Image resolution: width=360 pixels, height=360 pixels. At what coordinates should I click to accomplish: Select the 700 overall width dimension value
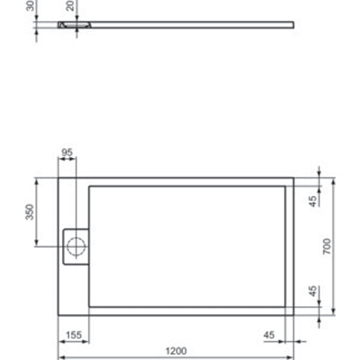(326, 247)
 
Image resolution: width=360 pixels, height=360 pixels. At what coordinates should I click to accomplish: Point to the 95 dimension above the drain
(67, 153)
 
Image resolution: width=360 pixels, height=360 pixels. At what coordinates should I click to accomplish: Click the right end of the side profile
(294, 24)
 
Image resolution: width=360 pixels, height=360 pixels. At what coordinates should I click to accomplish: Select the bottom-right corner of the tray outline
(294, 315)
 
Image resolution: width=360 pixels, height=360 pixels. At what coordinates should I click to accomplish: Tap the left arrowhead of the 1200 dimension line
(60, 357)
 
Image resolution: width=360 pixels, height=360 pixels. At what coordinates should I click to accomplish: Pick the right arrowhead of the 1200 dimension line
(292, 357)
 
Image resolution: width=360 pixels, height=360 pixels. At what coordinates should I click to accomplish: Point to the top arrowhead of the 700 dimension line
(333, 179)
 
